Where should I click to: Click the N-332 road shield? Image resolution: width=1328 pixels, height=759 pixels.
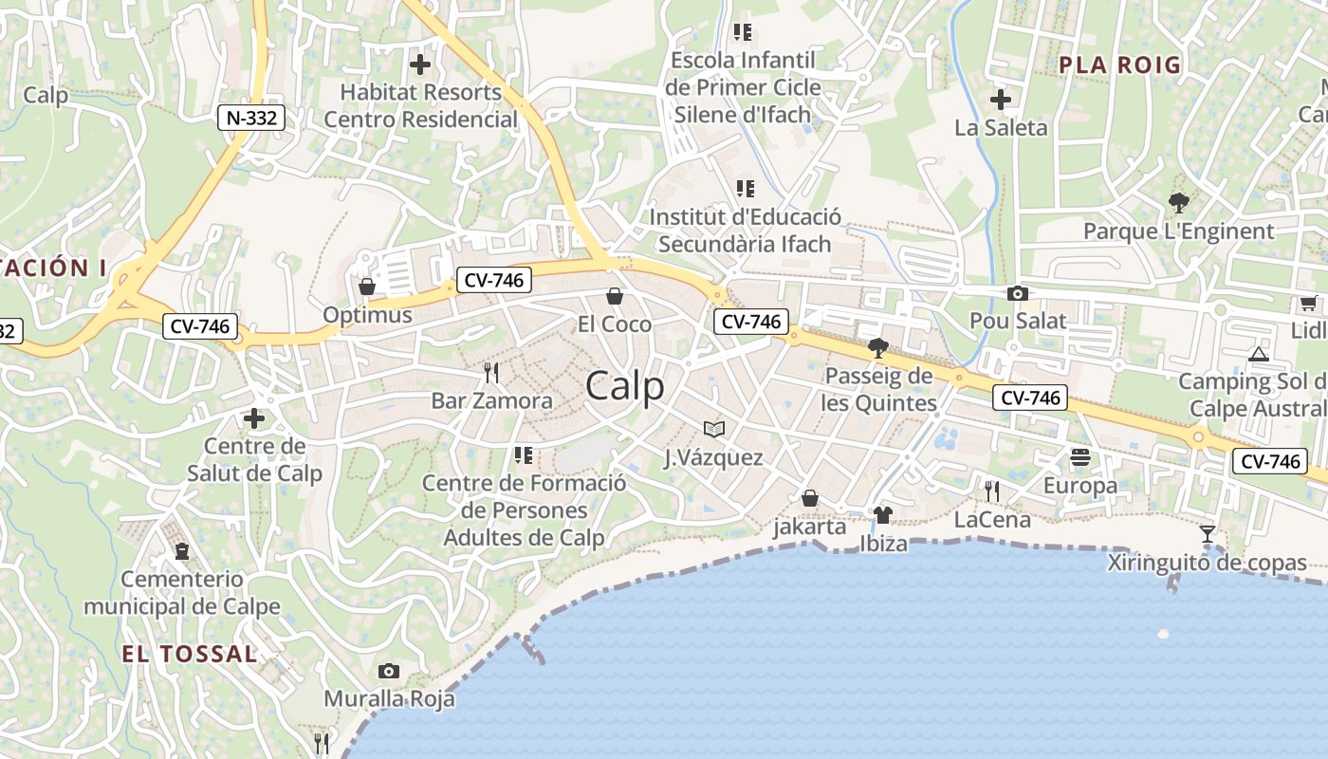[250, 118]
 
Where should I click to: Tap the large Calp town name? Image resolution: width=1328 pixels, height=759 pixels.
[624, 386]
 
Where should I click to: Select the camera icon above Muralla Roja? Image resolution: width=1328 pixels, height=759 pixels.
[388, 672]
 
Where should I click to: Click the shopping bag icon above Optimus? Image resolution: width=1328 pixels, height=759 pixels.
[367, 286]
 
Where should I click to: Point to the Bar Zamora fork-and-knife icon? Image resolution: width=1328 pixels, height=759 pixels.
[490, 371]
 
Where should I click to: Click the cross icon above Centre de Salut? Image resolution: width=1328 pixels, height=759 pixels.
[253, 417]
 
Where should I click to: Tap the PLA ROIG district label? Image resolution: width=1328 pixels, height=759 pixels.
[1120, 65]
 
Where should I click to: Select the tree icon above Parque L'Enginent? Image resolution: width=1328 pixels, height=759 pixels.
[1179, 202]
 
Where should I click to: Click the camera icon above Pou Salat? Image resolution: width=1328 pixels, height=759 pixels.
[1018, 293]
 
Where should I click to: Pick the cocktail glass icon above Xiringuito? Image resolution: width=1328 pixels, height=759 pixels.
[1208, 534]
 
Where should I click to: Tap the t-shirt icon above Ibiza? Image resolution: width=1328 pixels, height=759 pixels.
[883, 515]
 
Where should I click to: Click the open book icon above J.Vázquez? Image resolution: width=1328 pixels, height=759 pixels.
[714, 429]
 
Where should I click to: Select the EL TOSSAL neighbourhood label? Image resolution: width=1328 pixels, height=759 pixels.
[190, 654]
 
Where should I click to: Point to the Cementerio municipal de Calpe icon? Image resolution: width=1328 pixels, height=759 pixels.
[181, 550]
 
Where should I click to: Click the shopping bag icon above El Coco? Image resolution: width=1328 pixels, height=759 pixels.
[614, 296]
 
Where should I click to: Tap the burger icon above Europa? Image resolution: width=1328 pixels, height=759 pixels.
[1079, 458]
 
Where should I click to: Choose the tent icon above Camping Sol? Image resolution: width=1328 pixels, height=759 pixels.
[1259, 354]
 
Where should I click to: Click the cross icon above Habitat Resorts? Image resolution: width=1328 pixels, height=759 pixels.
[419, 65]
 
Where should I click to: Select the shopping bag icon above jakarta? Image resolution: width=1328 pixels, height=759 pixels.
[810, 498]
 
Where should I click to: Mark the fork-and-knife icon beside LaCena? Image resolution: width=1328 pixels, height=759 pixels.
[991, 491]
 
